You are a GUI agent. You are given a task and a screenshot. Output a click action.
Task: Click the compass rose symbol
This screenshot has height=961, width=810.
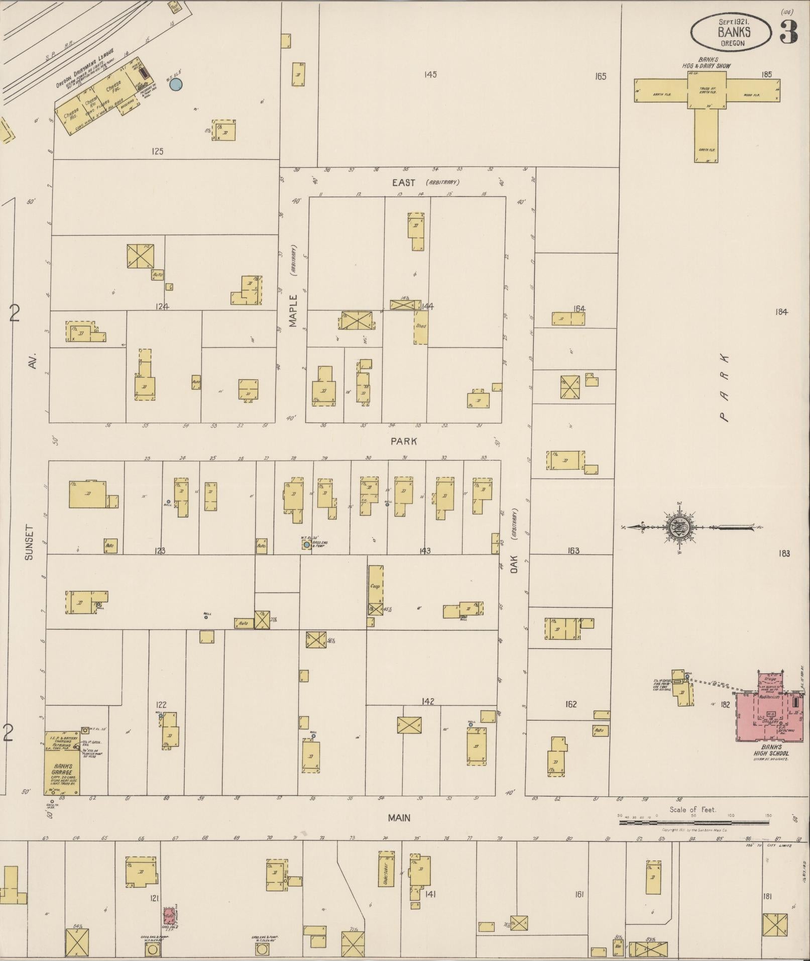coord(680,527)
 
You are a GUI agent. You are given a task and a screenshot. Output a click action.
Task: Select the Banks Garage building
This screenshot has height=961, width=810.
coord(62,763)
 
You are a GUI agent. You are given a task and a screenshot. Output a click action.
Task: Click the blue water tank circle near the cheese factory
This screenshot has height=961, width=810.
coord(175,85)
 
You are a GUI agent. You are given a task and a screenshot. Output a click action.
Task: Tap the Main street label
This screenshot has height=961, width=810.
coord(399,818)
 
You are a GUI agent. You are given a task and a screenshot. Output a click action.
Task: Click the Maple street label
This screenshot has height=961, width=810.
coord(293,311)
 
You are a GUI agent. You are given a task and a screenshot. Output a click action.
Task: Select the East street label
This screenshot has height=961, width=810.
coord(403,183)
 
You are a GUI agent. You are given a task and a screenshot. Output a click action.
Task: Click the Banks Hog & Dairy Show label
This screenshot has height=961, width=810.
coord(707,62)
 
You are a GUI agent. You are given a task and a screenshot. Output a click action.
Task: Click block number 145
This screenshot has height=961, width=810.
coord(430,74)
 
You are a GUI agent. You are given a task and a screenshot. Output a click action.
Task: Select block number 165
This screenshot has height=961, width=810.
coord(600,76)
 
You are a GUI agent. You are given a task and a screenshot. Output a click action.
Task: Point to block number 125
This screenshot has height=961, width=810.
coord(158,151)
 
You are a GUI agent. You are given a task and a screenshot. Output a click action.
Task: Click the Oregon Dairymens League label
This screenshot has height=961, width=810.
coord(85,68)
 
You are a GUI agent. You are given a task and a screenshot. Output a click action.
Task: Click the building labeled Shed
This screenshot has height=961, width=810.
coord(421,327)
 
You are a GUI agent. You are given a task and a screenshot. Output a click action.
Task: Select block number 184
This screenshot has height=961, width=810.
coord(781,312)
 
